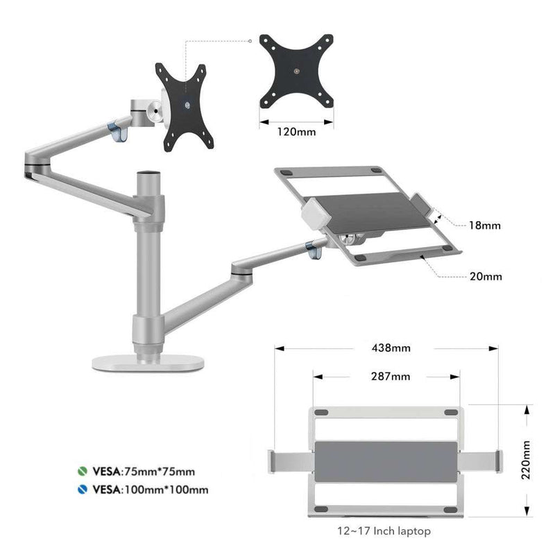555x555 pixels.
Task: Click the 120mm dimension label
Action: point(296,132)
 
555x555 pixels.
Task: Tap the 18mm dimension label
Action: point(484,225)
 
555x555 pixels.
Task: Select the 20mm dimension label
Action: point(486,276)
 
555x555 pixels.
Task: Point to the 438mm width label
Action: point(391,348)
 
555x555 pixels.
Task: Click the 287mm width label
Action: point(391,376)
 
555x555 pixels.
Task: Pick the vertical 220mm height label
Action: point(526,460)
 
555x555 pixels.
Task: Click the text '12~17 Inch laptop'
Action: point(384,531)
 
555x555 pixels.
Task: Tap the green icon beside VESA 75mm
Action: point(83,471)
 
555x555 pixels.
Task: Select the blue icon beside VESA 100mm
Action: point(83,489)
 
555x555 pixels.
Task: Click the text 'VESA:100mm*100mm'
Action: point(151,490)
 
